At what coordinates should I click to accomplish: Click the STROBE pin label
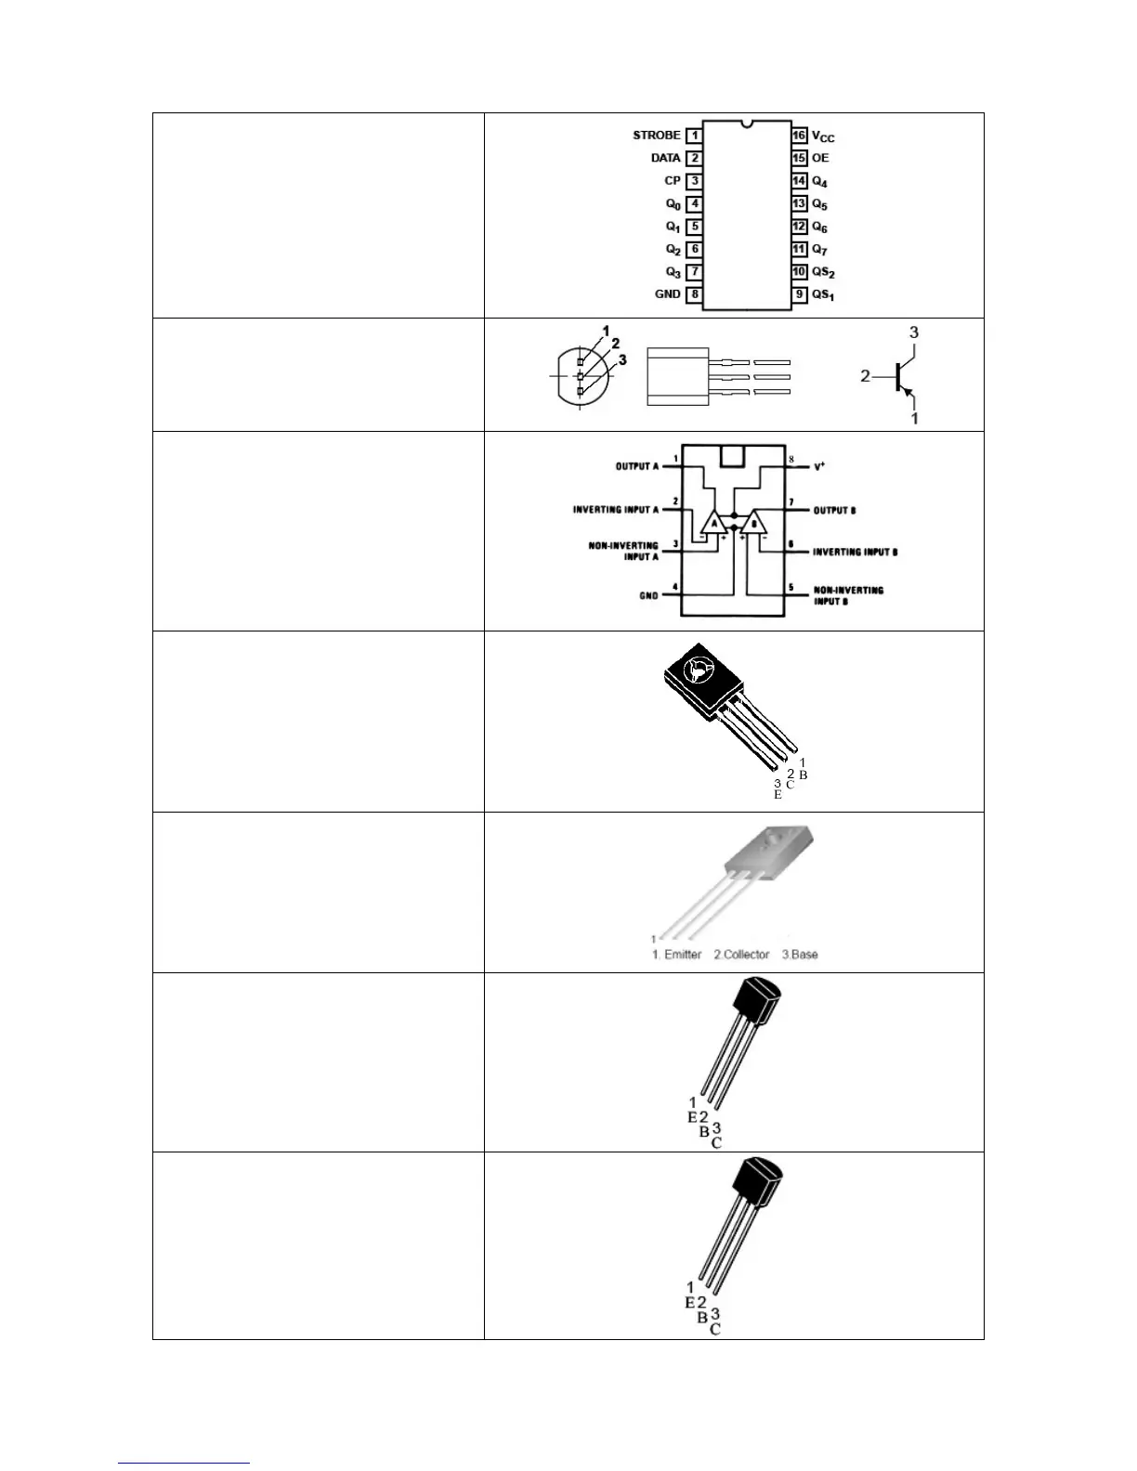[x=656, y=136]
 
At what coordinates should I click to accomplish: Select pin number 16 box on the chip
[x=799, y=136]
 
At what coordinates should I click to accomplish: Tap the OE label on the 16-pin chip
[x=820, y=158]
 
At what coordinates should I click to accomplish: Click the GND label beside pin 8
[x=667, y=294]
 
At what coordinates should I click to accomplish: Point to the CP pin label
[x=672, y=181]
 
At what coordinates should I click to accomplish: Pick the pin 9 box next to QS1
[x=799, y=294]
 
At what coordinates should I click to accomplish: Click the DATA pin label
[x=665, y=158]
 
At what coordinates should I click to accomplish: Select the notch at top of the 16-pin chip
[x=747, y=123]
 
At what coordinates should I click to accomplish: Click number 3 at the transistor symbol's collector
[x=914, y=332]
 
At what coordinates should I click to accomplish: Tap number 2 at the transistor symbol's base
[x=865, y=376]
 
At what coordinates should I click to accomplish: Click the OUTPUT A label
[x=637, y=466]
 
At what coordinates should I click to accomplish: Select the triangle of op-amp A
[x=713, y=523]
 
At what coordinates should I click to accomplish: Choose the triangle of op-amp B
[x=753, y=523]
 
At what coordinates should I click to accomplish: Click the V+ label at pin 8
[x=819, y=466]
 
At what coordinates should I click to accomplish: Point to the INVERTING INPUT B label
[x=855, y=553]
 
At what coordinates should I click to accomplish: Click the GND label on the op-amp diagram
[x=648, y=596]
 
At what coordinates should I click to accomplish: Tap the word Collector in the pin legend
[x=746, y=955]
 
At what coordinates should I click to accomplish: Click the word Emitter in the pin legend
[x=683, y=955]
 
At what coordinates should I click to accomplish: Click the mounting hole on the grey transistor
[x=767, y=841]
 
